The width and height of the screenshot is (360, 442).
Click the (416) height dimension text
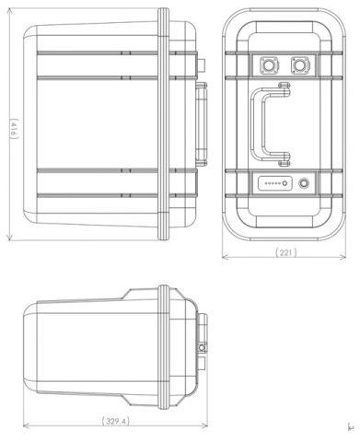[14, 129]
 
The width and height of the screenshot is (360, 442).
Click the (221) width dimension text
[285, 252]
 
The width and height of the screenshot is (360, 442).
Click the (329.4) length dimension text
[115, 421]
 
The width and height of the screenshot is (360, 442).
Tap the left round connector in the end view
[269, 65]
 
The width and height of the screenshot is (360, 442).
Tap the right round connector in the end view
[300, 65]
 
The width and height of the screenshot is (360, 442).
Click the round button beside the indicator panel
[304, 183]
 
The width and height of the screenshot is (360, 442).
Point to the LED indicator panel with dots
[274, 183]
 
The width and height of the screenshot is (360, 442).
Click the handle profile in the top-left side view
[202, 124]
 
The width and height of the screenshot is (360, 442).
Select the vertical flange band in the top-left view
[163, 124]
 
